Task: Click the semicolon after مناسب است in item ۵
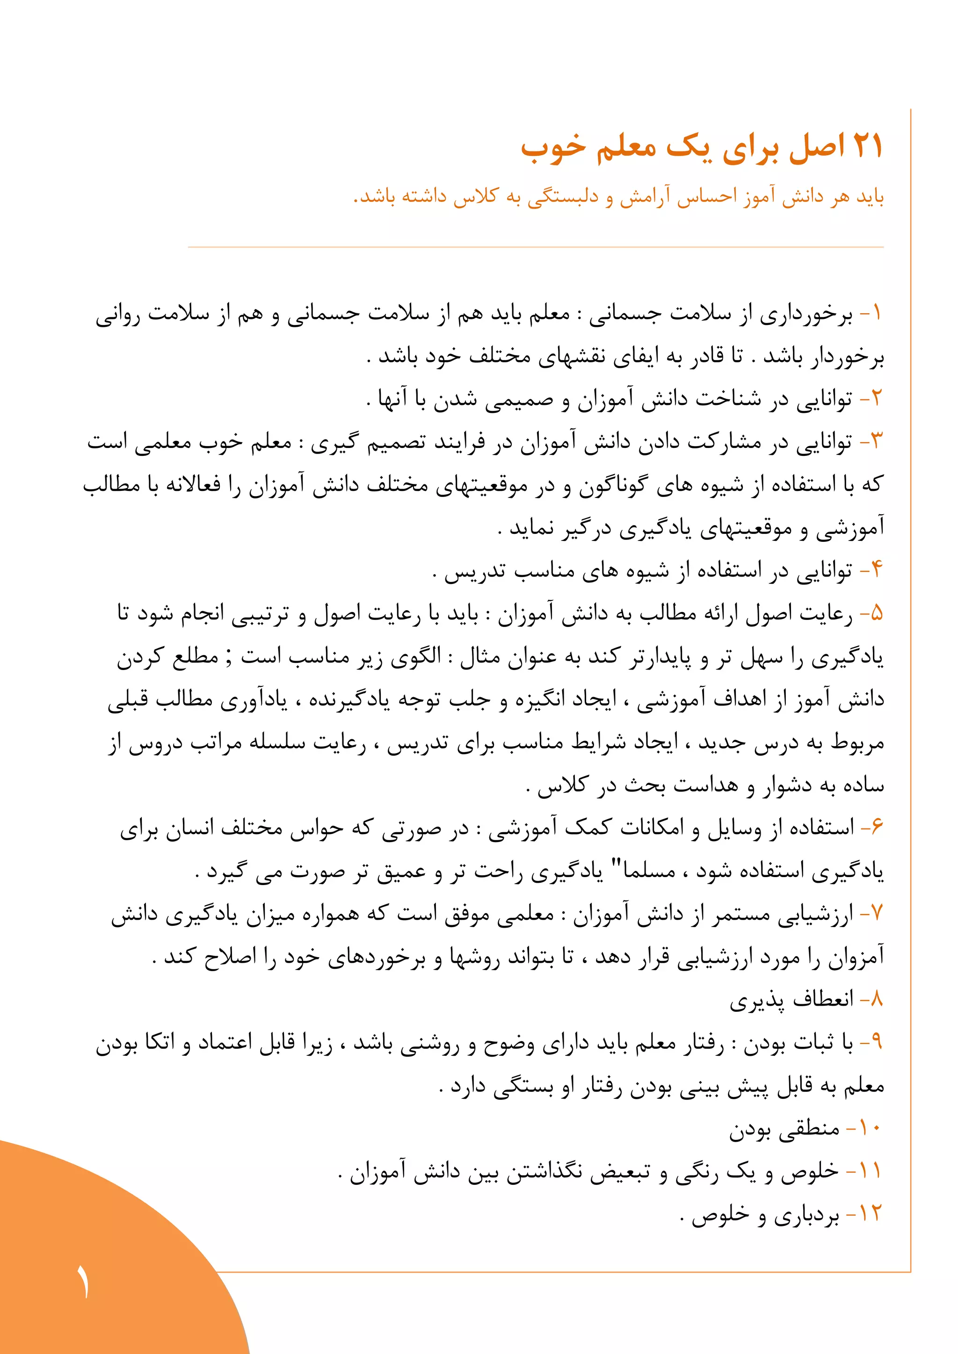click(x=229, y=656)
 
